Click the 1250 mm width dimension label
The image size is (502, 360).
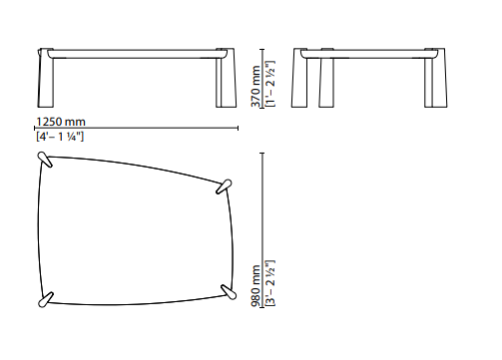61,122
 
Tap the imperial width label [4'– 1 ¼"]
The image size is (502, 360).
60,137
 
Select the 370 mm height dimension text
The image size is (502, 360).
255,86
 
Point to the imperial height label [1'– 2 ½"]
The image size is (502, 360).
270,84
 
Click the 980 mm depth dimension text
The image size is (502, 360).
255,286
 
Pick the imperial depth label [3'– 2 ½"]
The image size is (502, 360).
270,283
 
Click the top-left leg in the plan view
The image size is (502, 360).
45,160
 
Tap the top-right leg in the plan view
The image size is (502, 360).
224,186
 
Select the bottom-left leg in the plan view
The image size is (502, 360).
46,299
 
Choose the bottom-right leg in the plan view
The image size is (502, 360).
229,292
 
